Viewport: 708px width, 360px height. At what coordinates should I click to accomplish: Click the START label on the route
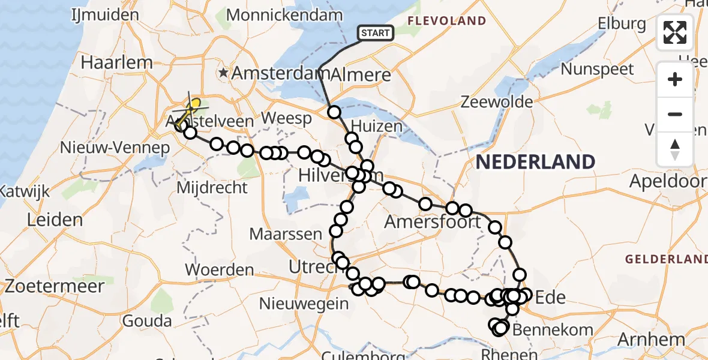[x=376, y=33]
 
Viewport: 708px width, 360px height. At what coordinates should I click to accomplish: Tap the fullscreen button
[x=675, y=32]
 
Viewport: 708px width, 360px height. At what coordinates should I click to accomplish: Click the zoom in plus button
[x=675, y=79]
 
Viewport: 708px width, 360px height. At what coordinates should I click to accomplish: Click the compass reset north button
[x=675, y=149]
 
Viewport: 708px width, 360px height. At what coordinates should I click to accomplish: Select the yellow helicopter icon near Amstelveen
[x=191, y=110]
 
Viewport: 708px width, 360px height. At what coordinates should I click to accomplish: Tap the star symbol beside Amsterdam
[x=224, y=73]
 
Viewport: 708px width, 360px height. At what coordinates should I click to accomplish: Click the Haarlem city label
[x=116, y=62]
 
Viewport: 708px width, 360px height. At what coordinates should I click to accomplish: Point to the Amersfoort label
[x=433, y=222]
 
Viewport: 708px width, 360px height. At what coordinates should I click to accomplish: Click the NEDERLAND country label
[x=535, y=161]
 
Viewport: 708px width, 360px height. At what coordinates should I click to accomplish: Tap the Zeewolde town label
[x=496, y=102]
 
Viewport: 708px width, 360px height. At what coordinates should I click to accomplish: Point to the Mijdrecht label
[x=212, y=188]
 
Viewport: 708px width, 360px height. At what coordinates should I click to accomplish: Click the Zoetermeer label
[x=52, y=285]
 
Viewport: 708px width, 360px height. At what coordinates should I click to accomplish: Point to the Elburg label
[x=622, y=24]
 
